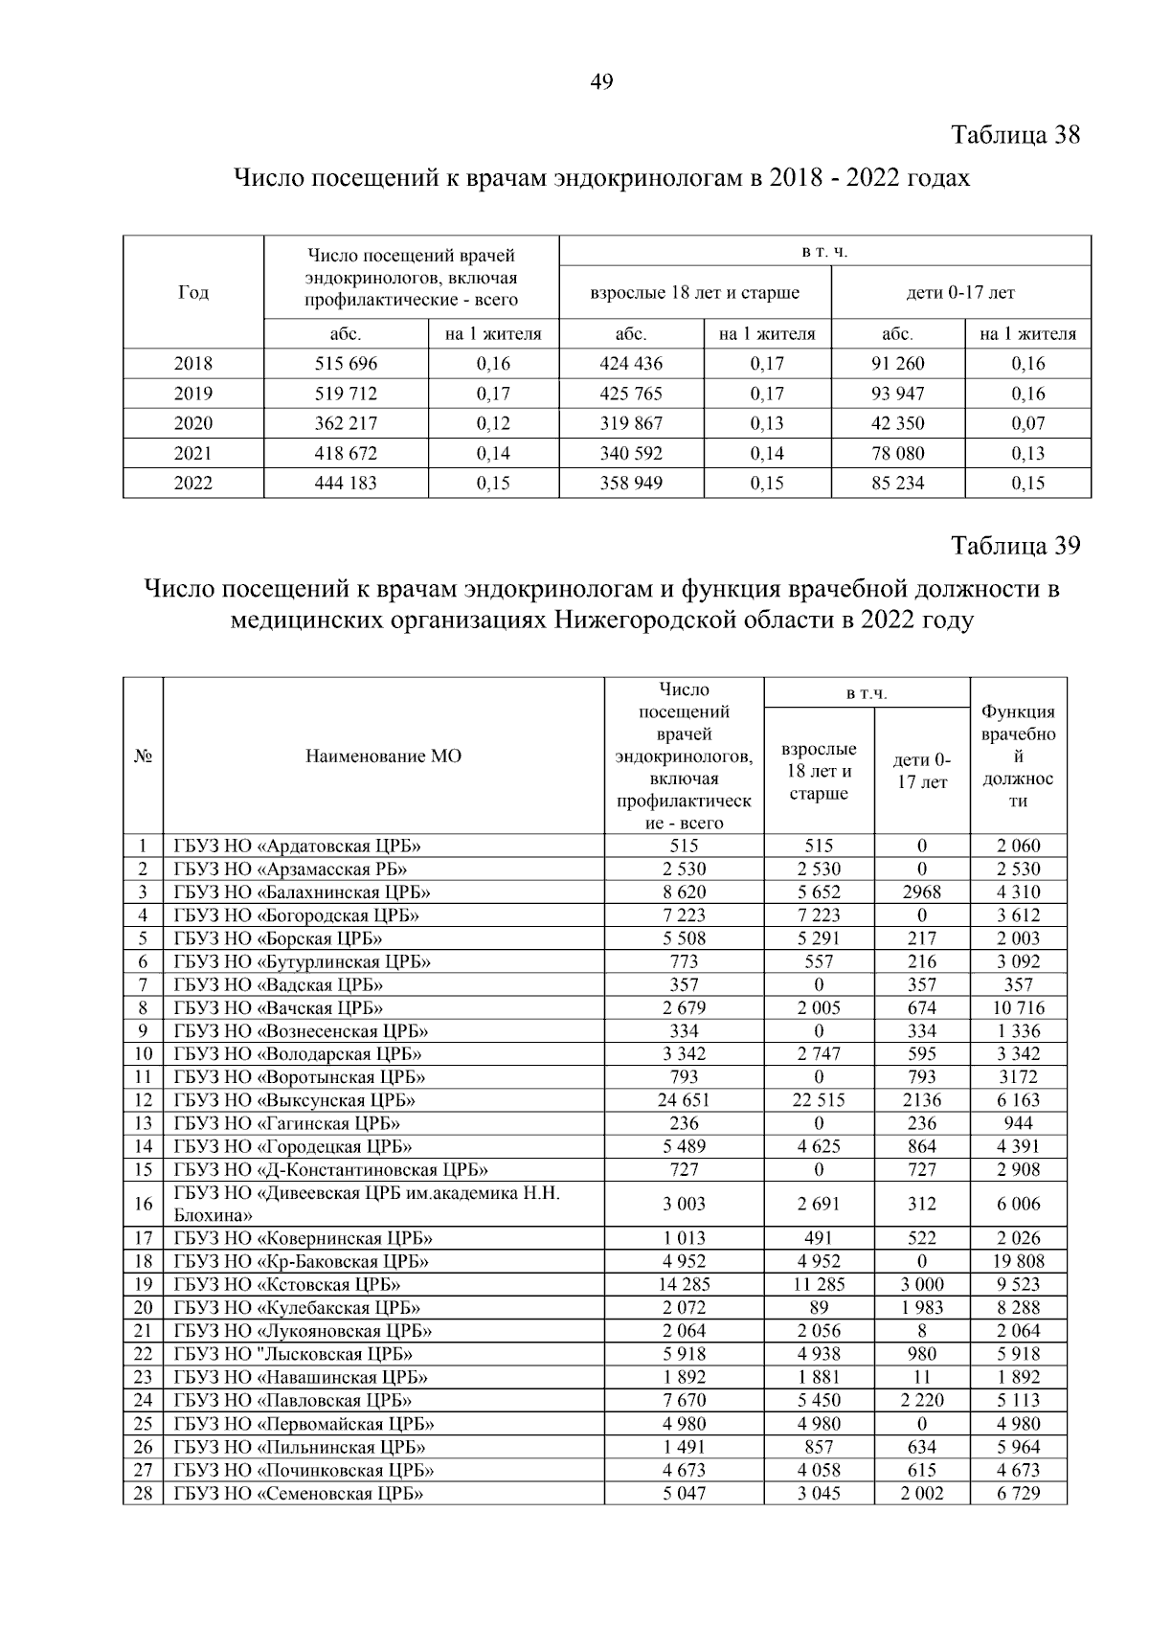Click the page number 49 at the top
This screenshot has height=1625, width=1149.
[601, 82]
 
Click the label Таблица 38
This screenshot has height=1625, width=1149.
[1015, 135]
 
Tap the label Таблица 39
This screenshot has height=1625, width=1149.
[1015, 545]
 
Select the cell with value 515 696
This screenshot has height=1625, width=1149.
[346, 364]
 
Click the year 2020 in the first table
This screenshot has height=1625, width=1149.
[193, 423]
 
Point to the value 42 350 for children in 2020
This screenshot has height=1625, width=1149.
[897, 423]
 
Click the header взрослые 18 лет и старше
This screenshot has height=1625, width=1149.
[695, 293]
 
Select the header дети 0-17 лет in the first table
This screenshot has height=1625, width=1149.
[960, 293]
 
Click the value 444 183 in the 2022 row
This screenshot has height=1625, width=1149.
[346, 484]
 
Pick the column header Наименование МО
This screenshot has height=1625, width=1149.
[383, 756]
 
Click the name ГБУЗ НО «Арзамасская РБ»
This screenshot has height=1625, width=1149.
[290, 869]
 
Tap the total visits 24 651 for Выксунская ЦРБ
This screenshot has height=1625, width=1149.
[684, 1100]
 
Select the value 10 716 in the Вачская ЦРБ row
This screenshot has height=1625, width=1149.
[1018, 1008]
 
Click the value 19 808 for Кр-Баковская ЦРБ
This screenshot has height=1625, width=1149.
[1018, 1261]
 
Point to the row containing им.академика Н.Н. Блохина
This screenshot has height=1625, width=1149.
[366, 1204]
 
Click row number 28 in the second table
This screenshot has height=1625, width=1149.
[143, 1493]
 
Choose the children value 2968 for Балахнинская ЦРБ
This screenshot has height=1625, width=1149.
[921, 892]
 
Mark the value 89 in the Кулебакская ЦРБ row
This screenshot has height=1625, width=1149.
[819, 1308]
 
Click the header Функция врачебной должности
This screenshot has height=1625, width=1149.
[1018, 756]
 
